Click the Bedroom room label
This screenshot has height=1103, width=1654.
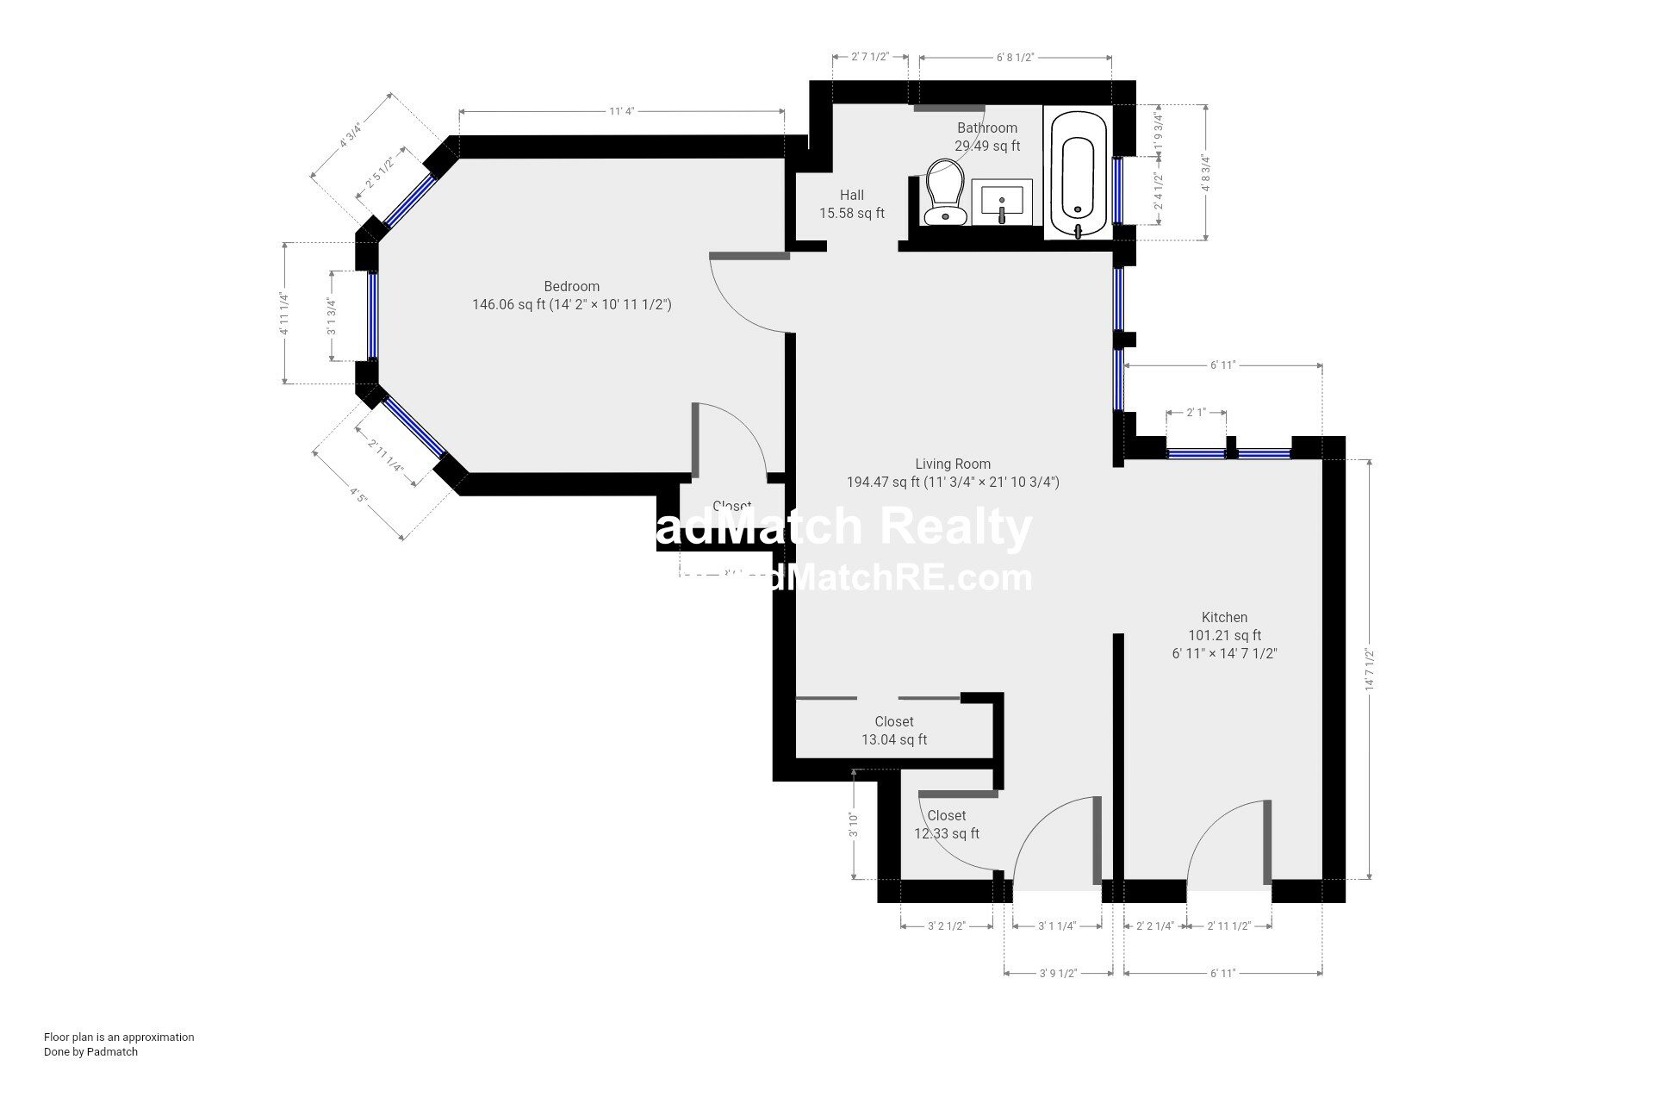571,287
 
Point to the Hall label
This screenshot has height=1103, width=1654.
851,196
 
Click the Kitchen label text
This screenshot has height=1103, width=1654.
1224,617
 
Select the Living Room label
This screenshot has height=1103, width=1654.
953,464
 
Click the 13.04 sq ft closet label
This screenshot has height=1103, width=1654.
894,731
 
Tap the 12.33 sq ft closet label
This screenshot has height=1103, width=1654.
946,825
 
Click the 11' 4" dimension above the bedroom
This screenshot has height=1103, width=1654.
621,111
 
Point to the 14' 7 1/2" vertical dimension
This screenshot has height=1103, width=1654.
1369,670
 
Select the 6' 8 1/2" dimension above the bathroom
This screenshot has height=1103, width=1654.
1015,58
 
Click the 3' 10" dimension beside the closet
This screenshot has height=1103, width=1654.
853,825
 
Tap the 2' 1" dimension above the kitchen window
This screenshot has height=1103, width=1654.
1196,413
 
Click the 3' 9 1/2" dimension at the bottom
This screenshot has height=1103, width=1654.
1058,973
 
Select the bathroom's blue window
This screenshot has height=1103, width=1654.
1117,190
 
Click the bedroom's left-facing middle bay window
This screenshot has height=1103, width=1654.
372,315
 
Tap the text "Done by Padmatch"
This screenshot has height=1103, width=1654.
90,1051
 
